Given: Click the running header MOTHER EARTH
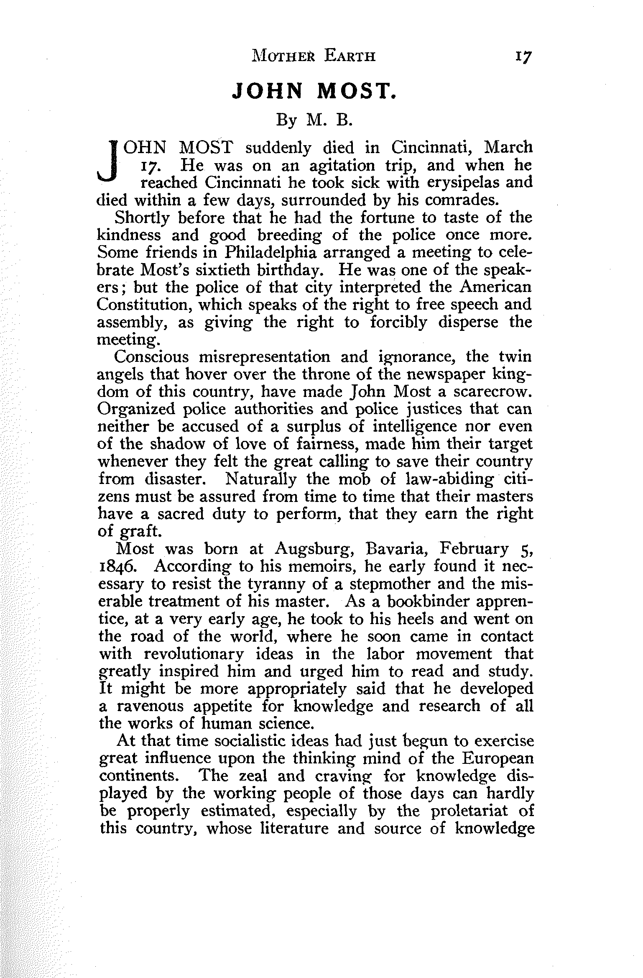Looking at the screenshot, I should pos(314,56).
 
